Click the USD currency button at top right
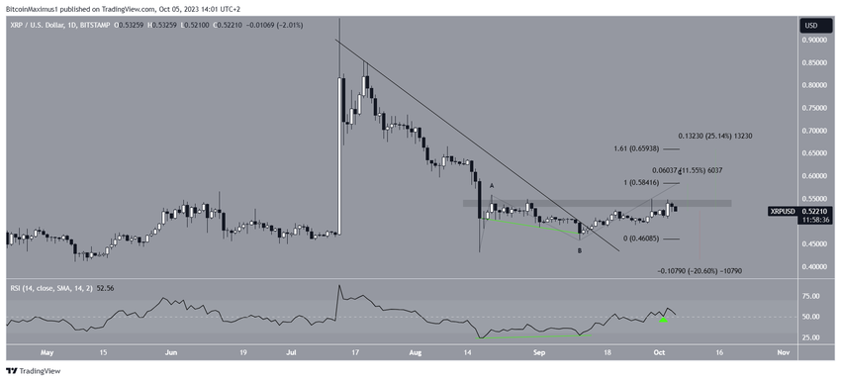[809, 25]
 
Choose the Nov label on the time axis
[782, 351]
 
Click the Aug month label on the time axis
[415, 351]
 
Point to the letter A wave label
[491, 186]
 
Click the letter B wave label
[580, 250]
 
